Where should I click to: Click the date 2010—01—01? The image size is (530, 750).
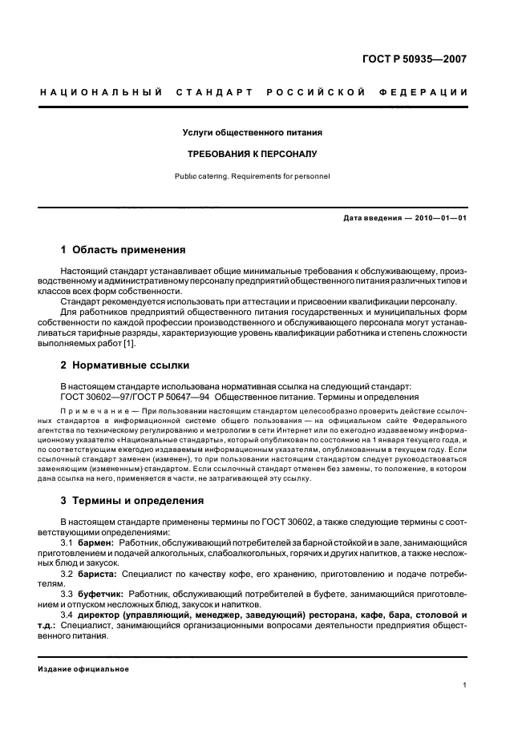point(436,217)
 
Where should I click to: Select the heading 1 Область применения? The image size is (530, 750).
point(124,249)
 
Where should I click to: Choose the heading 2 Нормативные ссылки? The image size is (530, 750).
point(124,365)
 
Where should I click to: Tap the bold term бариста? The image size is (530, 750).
point(99,575)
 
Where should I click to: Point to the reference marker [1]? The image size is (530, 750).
point(129,344)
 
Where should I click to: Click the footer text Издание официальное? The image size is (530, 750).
point(83,669)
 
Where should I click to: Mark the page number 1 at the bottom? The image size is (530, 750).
point(465,686)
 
